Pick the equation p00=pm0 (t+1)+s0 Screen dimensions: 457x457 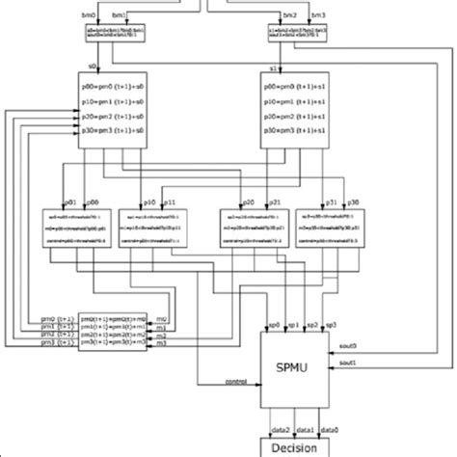click(x=109, y=88)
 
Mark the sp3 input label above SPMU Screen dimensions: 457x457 click(x=331, y=326)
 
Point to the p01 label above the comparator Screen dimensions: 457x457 click(x=68, y=202)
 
